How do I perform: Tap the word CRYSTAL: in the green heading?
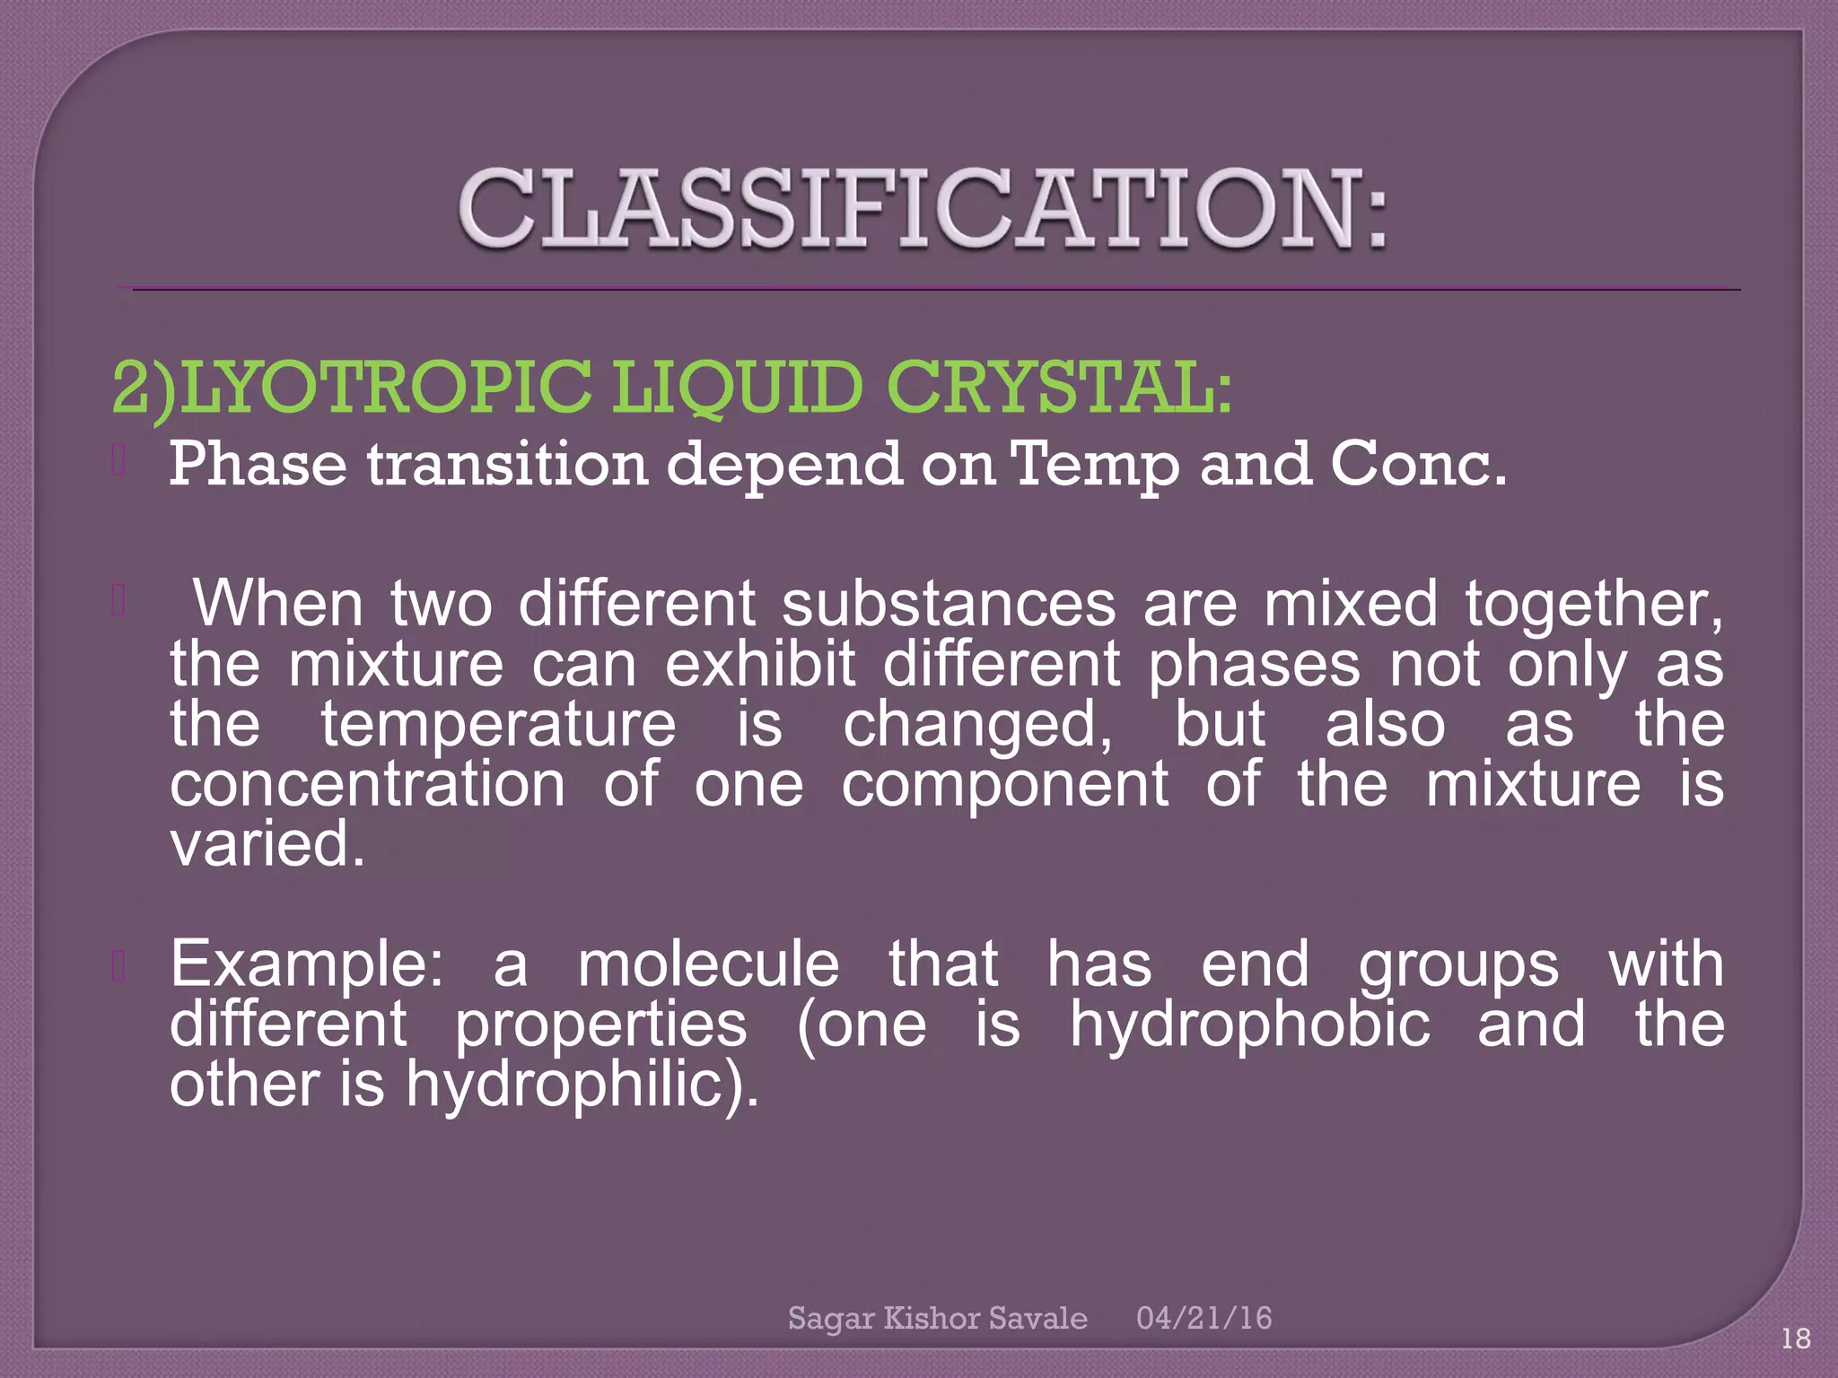(x=1059, y=388)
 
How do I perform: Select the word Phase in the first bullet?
(x=258, y=464)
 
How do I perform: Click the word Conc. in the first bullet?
(x=1418, y=464)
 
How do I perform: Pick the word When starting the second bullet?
(x=278, y=603)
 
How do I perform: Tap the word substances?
(x=949, y=603)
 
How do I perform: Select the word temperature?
(x=499, y=724)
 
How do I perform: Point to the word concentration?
(x=368, y=784)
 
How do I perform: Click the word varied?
(x=267, y=844)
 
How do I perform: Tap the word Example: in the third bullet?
(x=307, y=964)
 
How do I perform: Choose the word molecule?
(x=708, y=964)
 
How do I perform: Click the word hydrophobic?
(x=1249, y=1025)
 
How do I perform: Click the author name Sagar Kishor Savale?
(x=937, y=1318)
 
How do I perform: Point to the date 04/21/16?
(x=1203, y=1318)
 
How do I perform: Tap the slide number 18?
(x=1796, y=1339)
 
